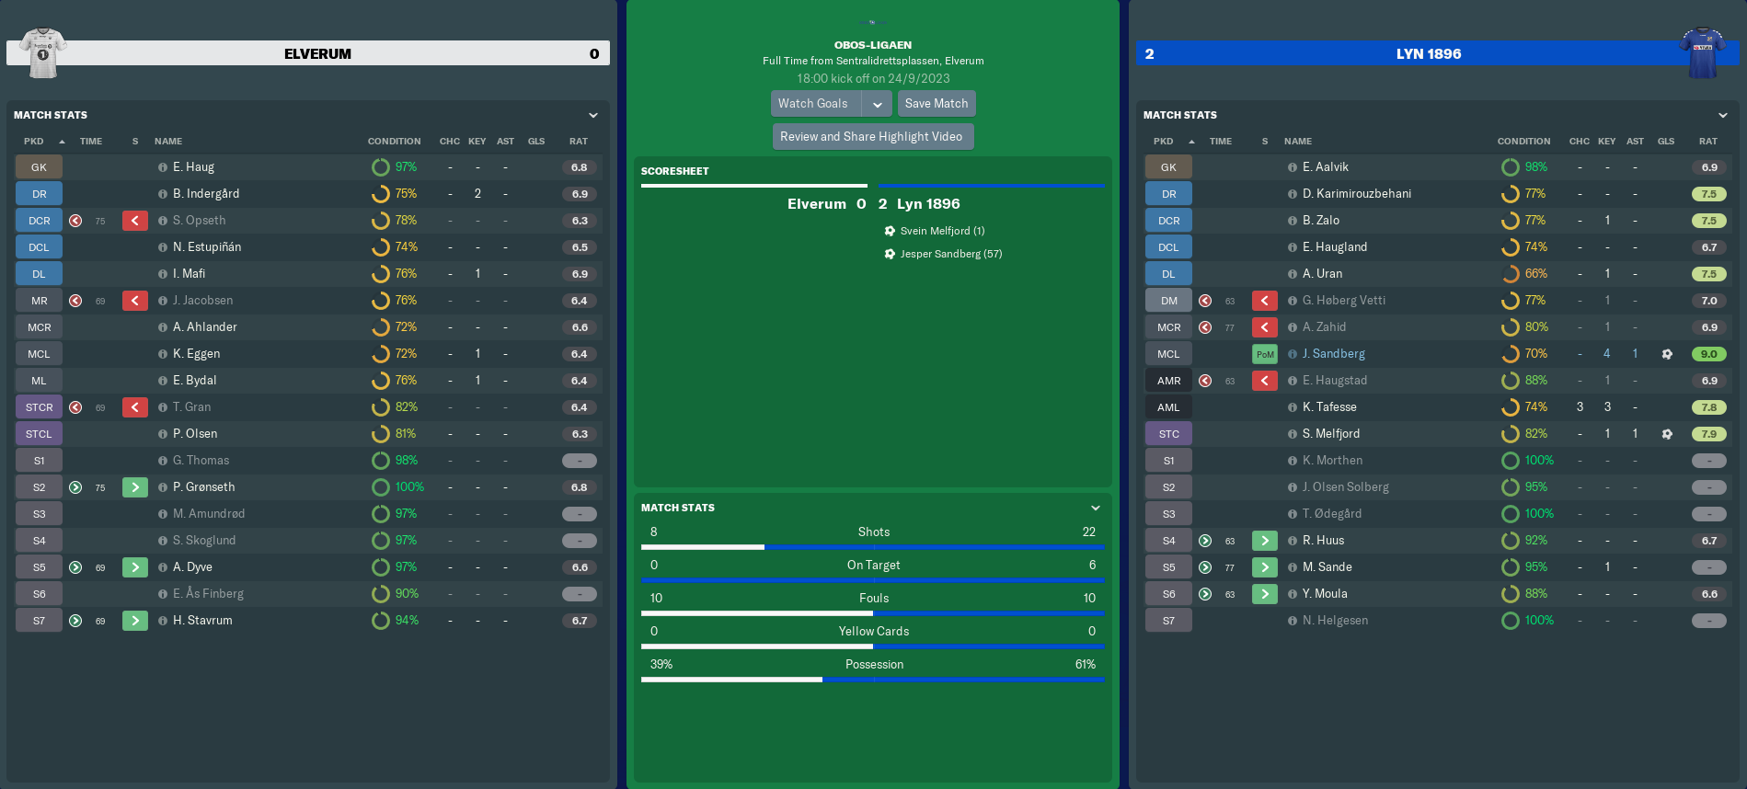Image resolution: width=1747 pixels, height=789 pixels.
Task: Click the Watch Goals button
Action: pos(813,104)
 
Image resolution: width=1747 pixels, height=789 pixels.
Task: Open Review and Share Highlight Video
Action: pos(871,137)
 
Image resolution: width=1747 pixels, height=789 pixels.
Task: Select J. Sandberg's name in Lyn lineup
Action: pos(1333,354)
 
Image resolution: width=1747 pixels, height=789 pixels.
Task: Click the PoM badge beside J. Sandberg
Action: pos(1265,354)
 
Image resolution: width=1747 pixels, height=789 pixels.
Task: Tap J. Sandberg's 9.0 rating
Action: pos(1708,354)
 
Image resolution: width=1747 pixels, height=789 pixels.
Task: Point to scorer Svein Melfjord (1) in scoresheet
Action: pos(942,231)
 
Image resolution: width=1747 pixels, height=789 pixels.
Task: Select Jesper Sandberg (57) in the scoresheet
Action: pos(950,254)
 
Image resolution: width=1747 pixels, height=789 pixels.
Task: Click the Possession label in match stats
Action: pos(874,664)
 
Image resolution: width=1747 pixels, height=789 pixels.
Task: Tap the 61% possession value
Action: pos(1085,664)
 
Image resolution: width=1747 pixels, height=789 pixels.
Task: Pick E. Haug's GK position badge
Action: pos(39,167)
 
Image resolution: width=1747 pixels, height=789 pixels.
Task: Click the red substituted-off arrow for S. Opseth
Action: pos(135,221)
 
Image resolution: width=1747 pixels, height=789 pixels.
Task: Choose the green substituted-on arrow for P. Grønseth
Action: pos(135,487)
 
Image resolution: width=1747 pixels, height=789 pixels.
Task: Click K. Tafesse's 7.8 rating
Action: pos(1708,407)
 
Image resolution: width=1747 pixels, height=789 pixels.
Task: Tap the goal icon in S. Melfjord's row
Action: pos(1667,434)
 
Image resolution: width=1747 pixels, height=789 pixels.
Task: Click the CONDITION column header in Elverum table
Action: pos(394,142)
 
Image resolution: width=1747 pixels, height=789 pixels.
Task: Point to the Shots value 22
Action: pos(1088,532)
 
